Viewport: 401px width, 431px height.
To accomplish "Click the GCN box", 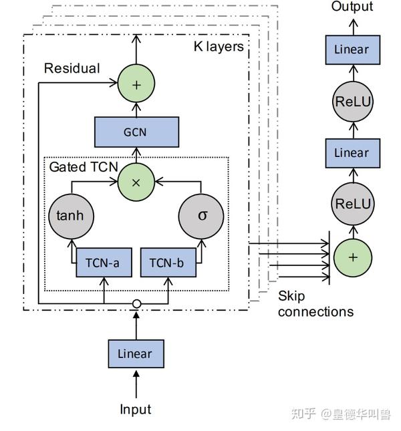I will tap(136, 132).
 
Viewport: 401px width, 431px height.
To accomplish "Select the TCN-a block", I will tap(103, 263).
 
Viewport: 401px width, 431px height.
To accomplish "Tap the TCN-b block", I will tap(167, 263).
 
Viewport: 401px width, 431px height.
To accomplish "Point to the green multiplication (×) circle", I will tap(136, 181).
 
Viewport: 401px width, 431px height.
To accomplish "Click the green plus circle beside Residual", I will tap(136, 85).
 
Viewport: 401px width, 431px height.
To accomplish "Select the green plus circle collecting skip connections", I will tap(352, 257).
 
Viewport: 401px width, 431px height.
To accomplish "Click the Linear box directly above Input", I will tap(136, 353).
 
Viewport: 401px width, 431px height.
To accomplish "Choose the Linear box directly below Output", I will tap(352, 49).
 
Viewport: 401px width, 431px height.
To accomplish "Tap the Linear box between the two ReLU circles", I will tap(352, 153).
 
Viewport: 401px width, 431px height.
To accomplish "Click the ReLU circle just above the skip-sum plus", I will tap(352, 203).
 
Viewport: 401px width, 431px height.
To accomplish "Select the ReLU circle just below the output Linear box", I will tap(352, 102).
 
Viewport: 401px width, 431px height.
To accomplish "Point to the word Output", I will tap(352, 7).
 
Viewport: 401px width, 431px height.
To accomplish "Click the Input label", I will tap(136, 409).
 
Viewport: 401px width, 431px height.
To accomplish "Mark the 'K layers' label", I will tap(219, 47).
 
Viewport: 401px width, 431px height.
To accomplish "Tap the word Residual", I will tap(72, 68).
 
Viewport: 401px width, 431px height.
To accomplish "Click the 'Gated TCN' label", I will tap(79, 166).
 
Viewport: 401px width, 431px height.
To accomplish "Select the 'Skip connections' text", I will tap(315, 304).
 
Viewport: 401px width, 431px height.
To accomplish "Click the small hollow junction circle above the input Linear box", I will tap(136, 303).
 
